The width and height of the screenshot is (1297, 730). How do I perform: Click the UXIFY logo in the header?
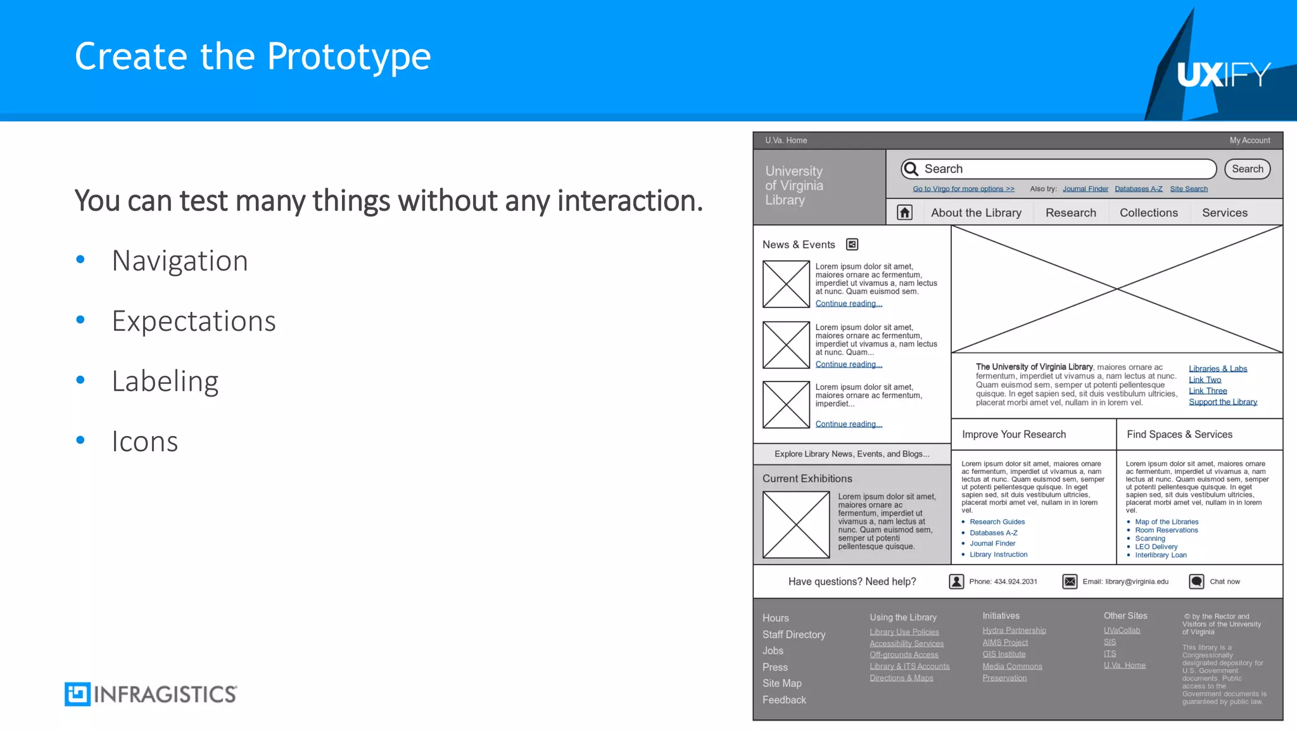(x=1224, y=75)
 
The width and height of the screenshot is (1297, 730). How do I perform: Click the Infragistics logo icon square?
(x=77, y=694)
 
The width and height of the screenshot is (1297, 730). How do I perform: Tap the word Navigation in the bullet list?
(x=180, y=260)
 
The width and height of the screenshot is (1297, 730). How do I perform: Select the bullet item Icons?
(x=145, y=441)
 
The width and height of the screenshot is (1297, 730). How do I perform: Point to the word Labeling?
(x=165, y=381)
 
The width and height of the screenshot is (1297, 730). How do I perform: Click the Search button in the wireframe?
(x=1247, y=169)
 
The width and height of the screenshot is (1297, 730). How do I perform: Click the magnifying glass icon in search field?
(x=911, y=169)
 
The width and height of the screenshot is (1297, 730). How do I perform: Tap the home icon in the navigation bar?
(x=905, y=213)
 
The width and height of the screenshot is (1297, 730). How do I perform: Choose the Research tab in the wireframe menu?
(x=1070, y=213)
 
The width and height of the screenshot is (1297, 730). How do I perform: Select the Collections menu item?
(x=1148, y=213)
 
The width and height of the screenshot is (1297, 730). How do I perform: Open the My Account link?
(x=1250, y=141)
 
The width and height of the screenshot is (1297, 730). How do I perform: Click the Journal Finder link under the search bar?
(x=1085, y=189)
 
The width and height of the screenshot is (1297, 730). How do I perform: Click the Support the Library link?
(x=1222, y=402)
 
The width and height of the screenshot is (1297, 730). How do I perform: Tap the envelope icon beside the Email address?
(x=1070, y=582)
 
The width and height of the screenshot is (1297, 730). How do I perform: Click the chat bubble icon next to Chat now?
(x=1196, y=582)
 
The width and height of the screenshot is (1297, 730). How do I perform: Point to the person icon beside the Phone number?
(x=956, y=582)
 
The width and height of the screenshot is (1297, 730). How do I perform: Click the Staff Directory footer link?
(x=794, y=634)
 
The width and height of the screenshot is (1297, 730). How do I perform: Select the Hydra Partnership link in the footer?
(x=1014, y=631)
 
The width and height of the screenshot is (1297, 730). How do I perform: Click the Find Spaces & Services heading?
(x=1179, y=435)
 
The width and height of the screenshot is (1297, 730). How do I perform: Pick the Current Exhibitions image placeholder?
(x=796, y=525)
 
